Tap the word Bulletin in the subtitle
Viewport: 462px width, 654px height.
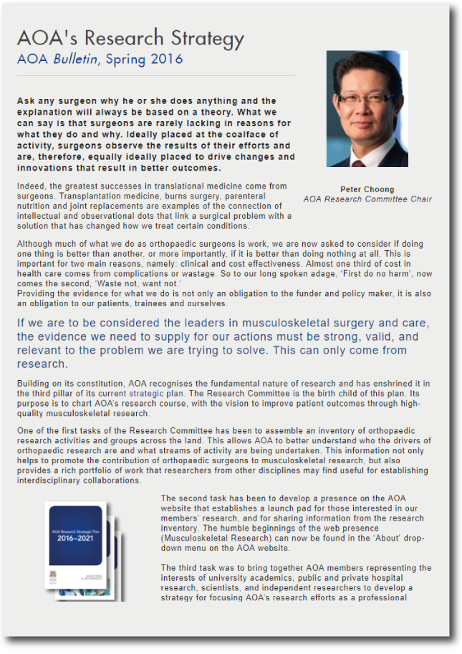pyautogui.click(x=77, y=60)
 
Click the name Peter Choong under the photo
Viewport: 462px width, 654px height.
pyautogui.click(x=367, y=189)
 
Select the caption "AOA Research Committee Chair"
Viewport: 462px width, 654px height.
pyautogui.click(x=367, y=199)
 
